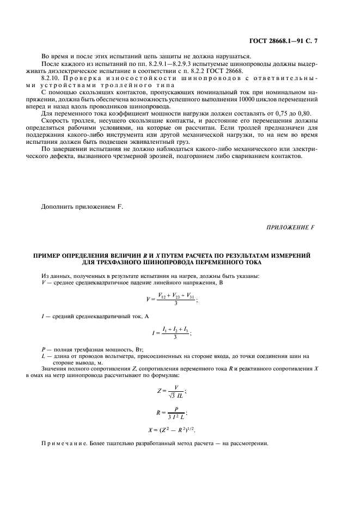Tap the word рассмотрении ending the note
point(249,445)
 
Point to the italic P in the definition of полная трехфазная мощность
point(44,349)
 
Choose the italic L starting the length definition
point(43,356)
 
